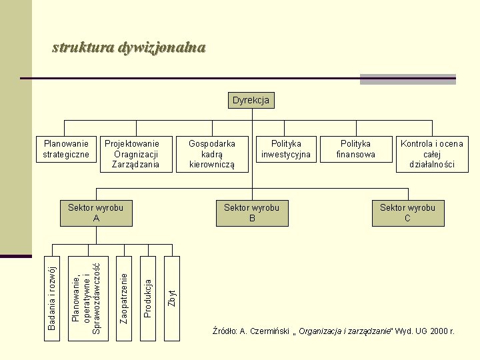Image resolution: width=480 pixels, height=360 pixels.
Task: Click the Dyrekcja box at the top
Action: point(251,101)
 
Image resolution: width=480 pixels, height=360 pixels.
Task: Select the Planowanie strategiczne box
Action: point(66,149)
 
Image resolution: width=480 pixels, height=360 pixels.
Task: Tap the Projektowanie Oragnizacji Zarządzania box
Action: point(136,154)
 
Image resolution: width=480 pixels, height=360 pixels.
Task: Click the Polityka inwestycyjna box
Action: point(286,149)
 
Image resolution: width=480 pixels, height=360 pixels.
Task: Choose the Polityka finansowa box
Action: point(356,149)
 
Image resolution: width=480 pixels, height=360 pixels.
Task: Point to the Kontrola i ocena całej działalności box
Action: point(432,154)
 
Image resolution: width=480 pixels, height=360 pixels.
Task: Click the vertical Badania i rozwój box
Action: point(53,297)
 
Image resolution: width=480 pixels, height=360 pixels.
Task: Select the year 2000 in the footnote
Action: point(439,331)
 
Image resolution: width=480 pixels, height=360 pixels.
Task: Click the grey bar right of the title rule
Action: point(407,79)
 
